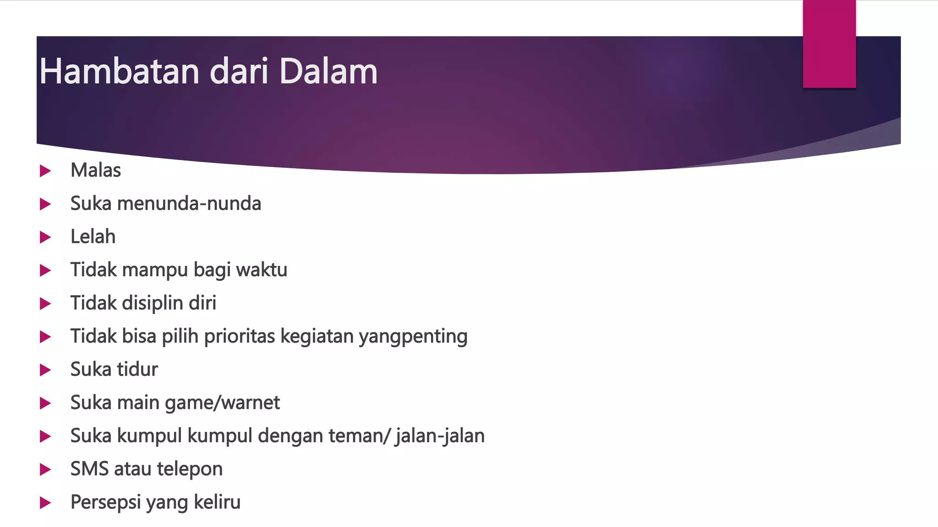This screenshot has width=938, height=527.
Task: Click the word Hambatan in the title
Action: point(120,71)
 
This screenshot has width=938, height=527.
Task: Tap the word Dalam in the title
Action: point(328,71)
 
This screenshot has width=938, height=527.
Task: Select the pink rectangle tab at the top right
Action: point(829,44)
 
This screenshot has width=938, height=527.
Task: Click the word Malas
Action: point(96,170)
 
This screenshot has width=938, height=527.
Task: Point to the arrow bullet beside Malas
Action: point(45,171)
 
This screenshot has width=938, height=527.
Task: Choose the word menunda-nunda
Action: point(189,204)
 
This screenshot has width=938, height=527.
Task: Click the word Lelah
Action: point(93,237)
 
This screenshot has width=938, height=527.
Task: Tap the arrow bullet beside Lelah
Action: point(45,237)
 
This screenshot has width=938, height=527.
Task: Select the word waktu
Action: point(262,270)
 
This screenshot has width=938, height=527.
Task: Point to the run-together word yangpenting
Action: point(413,337)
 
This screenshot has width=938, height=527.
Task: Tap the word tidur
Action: point(137,370)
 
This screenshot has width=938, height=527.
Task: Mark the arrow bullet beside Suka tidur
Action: point(45,370)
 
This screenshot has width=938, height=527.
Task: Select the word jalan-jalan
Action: point(440,436)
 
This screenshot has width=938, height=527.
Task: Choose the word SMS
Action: point(90,469)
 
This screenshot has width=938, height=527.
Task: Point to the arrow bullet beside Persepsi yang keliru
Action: point(45,503)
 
